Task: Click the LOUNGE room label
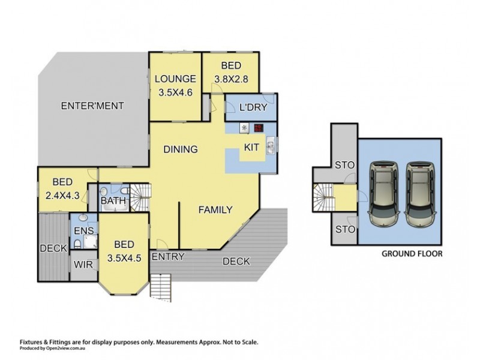click(175, 79)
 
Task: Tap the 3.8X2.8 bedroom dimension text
click(231, 79)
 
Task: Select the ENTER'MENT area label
click(92, 106)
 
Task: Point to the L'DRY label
click(253, 107)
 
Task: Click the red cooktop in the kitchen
click(259, 128)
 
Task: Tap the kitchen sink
click(271, 145)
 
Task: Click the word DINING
click(181, 149)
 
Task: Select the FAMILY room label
click(215, 209)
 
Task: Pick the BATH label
click(113, 201)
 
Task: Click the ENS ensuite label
click(84, 230)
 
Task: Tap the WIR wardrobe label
click(83, 265)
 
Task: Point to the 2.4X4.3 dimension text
click(62, 196)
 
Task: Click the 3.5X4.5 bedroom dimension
click(124, 258)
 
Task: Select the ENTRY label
click(168, 257)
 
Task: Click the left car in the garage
click(384, 194)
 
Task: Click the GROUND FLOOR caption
click(412, 254)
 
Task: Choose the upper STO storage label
click(344, 166)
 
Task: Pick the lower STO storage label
click(346, 229)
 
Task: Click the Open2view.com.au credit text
click(66, 349)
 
